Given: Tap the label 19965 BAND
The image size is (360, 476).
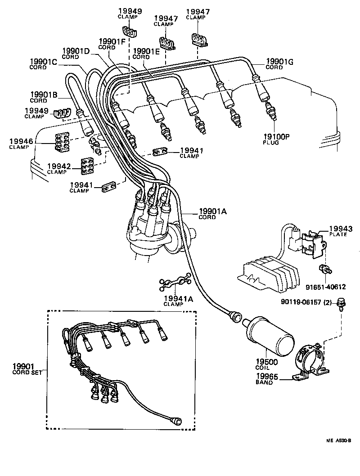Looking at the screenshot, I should point(268,379).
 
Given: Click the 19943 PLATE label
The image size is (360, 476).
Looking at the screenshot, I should point(340,231).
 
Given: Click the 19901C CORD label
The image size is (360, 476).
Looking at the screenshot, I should point(43,64).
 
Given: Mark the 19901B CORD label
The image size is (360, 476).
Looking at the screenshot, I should point(43,97).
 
